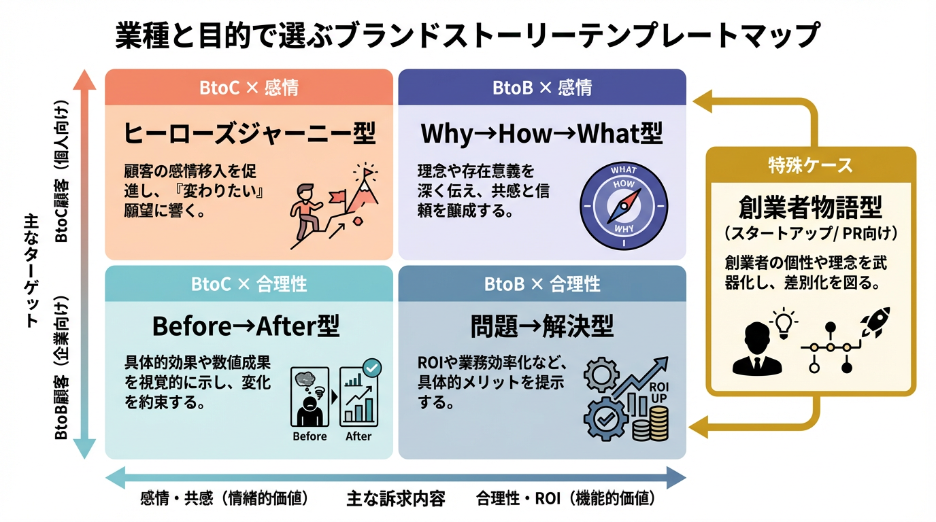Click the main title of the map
(467, 35)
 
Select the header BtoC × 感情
(249, 88)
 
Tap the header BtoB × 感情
(542, 88)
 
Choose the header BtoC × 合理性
(249, 283)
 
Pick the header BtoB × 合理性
(542, 283)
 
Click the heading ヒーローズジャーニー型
(249, 133)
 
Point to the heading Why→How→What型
(541, 133)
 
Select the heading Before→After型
(246, 326)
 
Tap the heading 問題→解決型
(541, 328)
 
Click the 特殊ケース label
(811, 165)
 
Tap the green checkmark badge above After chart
(372, 368)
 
